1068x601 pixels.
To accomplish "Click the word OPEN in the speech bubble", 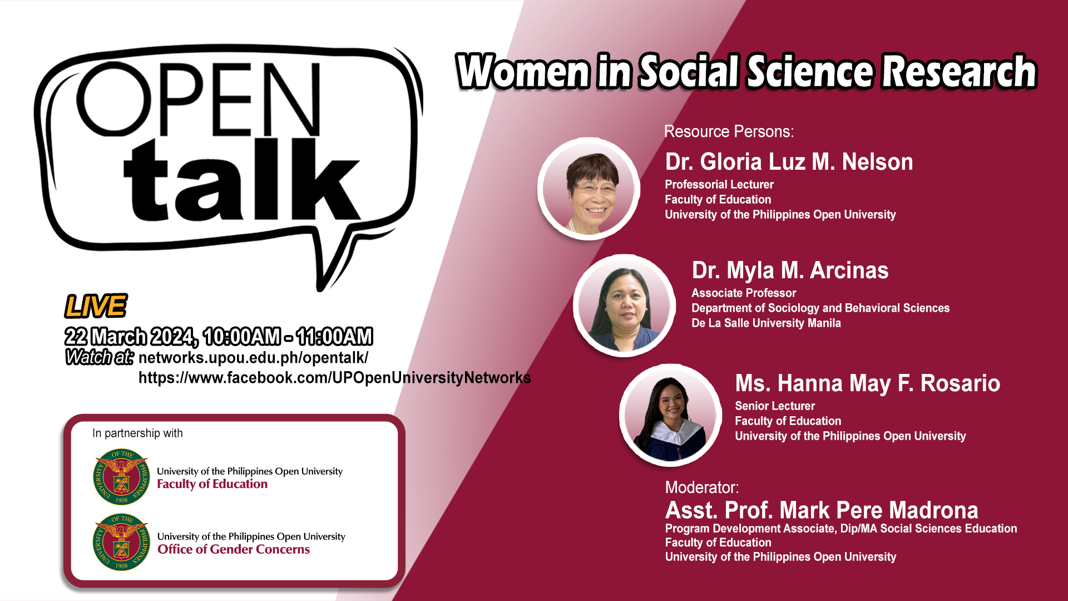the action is [199, 99].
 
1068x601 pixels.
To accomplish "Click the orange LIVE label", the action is [96, 306].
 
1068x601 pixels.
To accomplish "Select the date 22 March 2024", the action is [130, 337].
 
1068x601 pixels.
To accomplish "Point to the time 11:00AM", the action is [334, 337].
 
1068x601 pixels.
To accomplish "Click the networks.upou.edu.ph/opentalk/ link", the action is [253, 358].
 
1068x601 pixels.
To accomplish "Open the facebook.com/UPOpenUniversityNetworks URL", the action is [335, 378].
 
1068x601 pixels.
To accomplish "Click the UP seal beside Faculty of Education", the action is [121, 477].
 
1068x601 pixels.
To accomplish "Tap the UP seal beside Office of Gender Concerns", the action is [121, 542].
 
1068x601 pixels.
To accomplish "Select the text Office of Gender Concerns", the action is [234, 549].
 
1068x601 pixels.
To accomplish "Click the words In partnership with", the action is [137, 433].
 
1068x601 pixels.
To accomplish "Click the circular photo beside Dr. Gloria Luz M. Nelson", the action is [589, 189].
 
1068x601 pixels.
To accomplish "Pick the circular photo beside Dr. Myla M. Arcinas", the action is [624, 306].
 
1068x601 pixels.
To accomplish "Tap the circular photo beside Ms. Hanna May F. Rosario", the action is [671, 415].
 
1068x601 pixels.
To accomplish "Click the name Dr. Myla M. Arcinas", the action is [790, 271].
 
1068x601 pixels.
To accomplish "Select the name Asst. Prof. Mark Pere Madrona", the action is [822, 510].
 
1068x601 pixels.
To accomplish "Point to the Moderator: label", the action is [702, 487].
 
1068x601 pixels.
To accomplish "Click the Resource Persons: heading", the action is [729, 131].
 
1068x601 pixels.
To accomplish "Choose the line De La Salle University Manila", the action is [766, 323].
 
